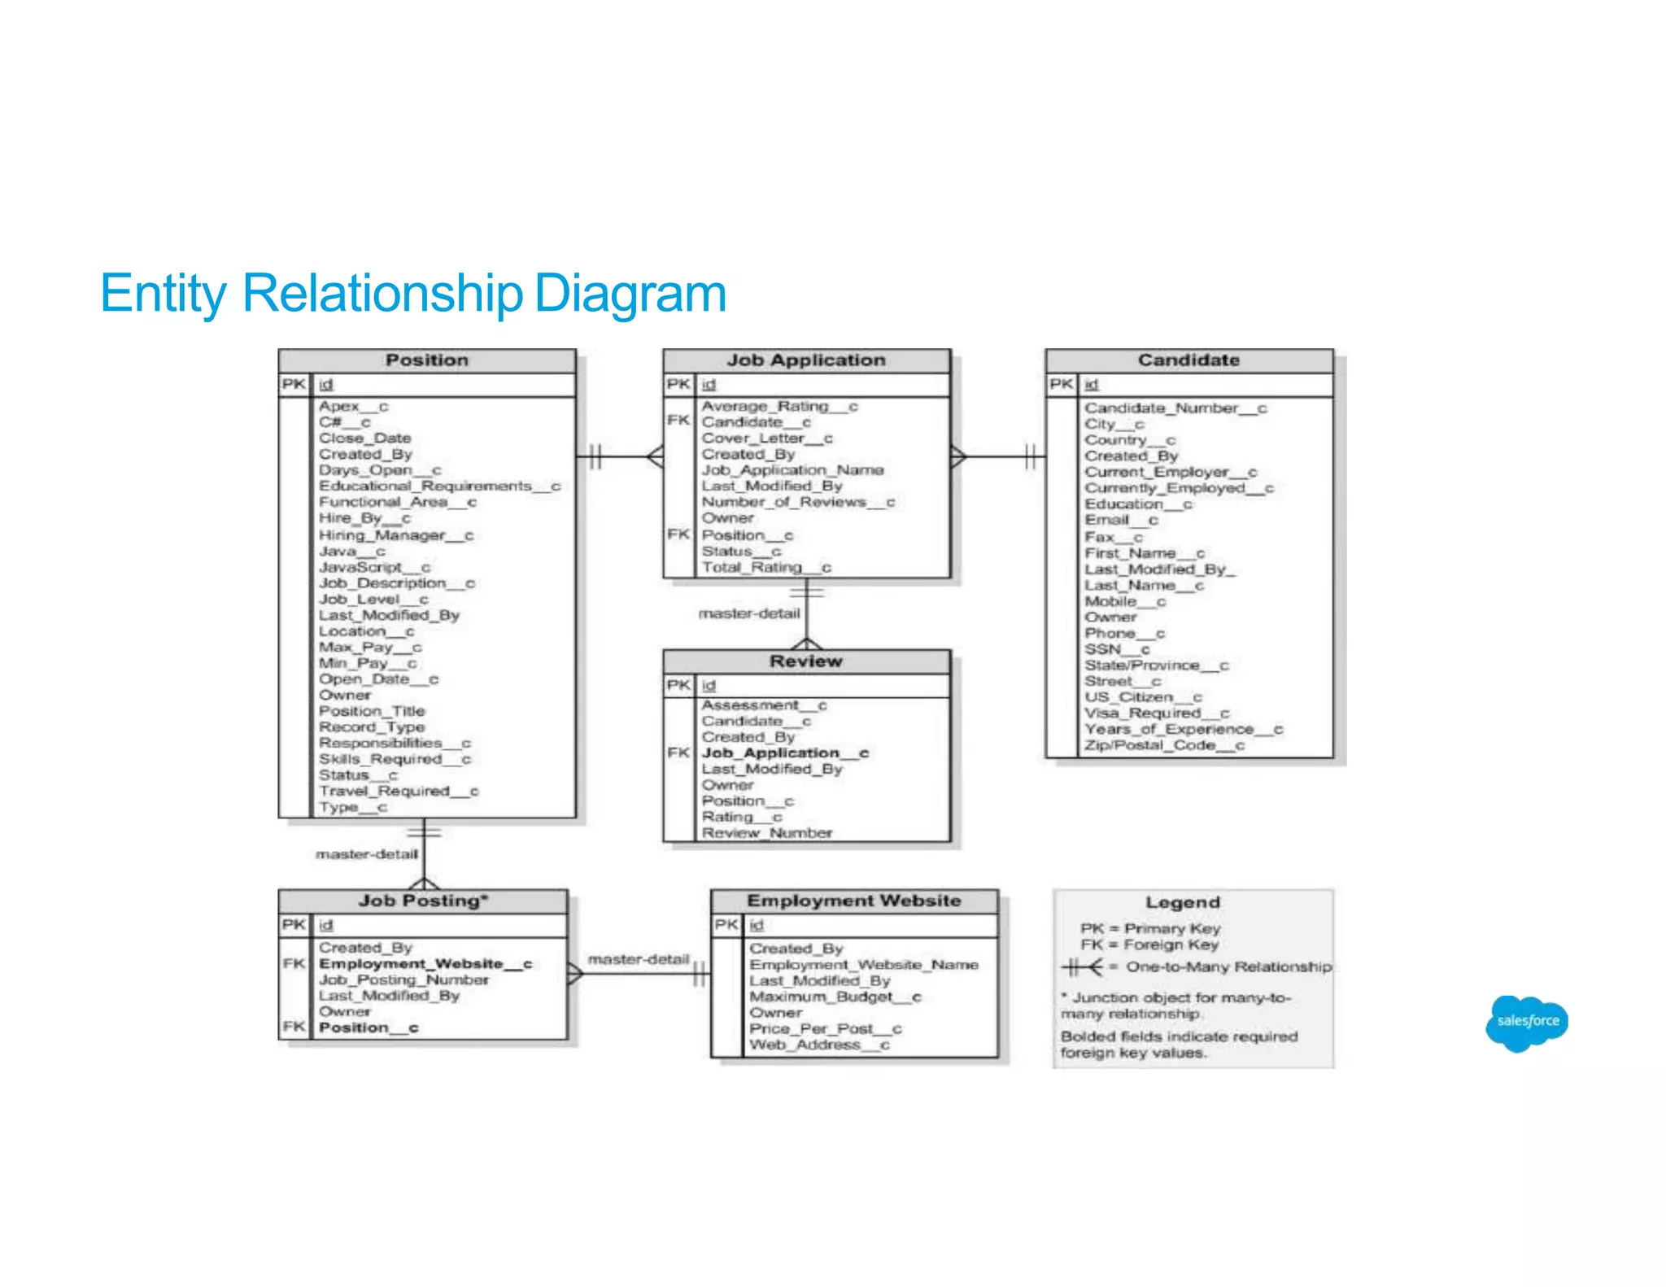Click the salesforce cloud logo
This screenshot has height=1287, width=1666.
pyautogui.click(x=1527, y=1022)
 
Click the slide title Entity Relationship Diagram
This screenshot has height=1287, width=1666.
pyautogui.click(x=412, y=293)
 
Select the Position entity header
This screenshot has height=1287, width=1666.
pyautogui.click(x=427, y=360)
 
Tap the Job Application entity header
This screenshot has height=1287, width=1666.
pyautogui.click(x=806, y=360)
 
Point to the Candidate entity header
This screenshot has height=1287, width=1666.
pyautogui.click(x=1188, y=360)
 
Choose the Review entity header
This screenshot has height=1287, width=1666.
pyautogui.click(x=806, y=661)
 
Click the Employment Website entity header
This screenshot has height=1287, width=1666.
pyautogui.click(x=854, y=901)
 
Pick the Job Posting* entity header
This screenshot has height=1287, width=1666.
pyautogui.click(x=423, y=901)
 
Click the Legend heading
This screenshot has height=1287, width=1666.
pyautogui.click(x=1183, y=902)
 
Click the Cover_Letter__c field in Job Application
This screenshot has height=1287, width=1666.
pyautogui.click(x=767, y=438)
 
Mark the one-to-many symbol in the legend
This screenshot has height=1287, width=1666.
pyautogui.click(x=1083, y=967)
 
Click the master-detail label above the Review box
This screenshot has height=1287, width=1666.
pyautogui.click(x=749, y=613)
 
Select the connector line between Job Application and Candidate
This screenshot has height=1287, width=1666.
pyautogui.click(x=997, y=456)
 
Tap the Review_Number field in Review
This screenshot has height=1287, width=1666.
pyautogui.click(x=767, y=833)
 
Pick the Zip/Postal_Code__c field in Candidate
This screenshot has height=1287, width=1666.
pyautogui.click(x=1164, y=745)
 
